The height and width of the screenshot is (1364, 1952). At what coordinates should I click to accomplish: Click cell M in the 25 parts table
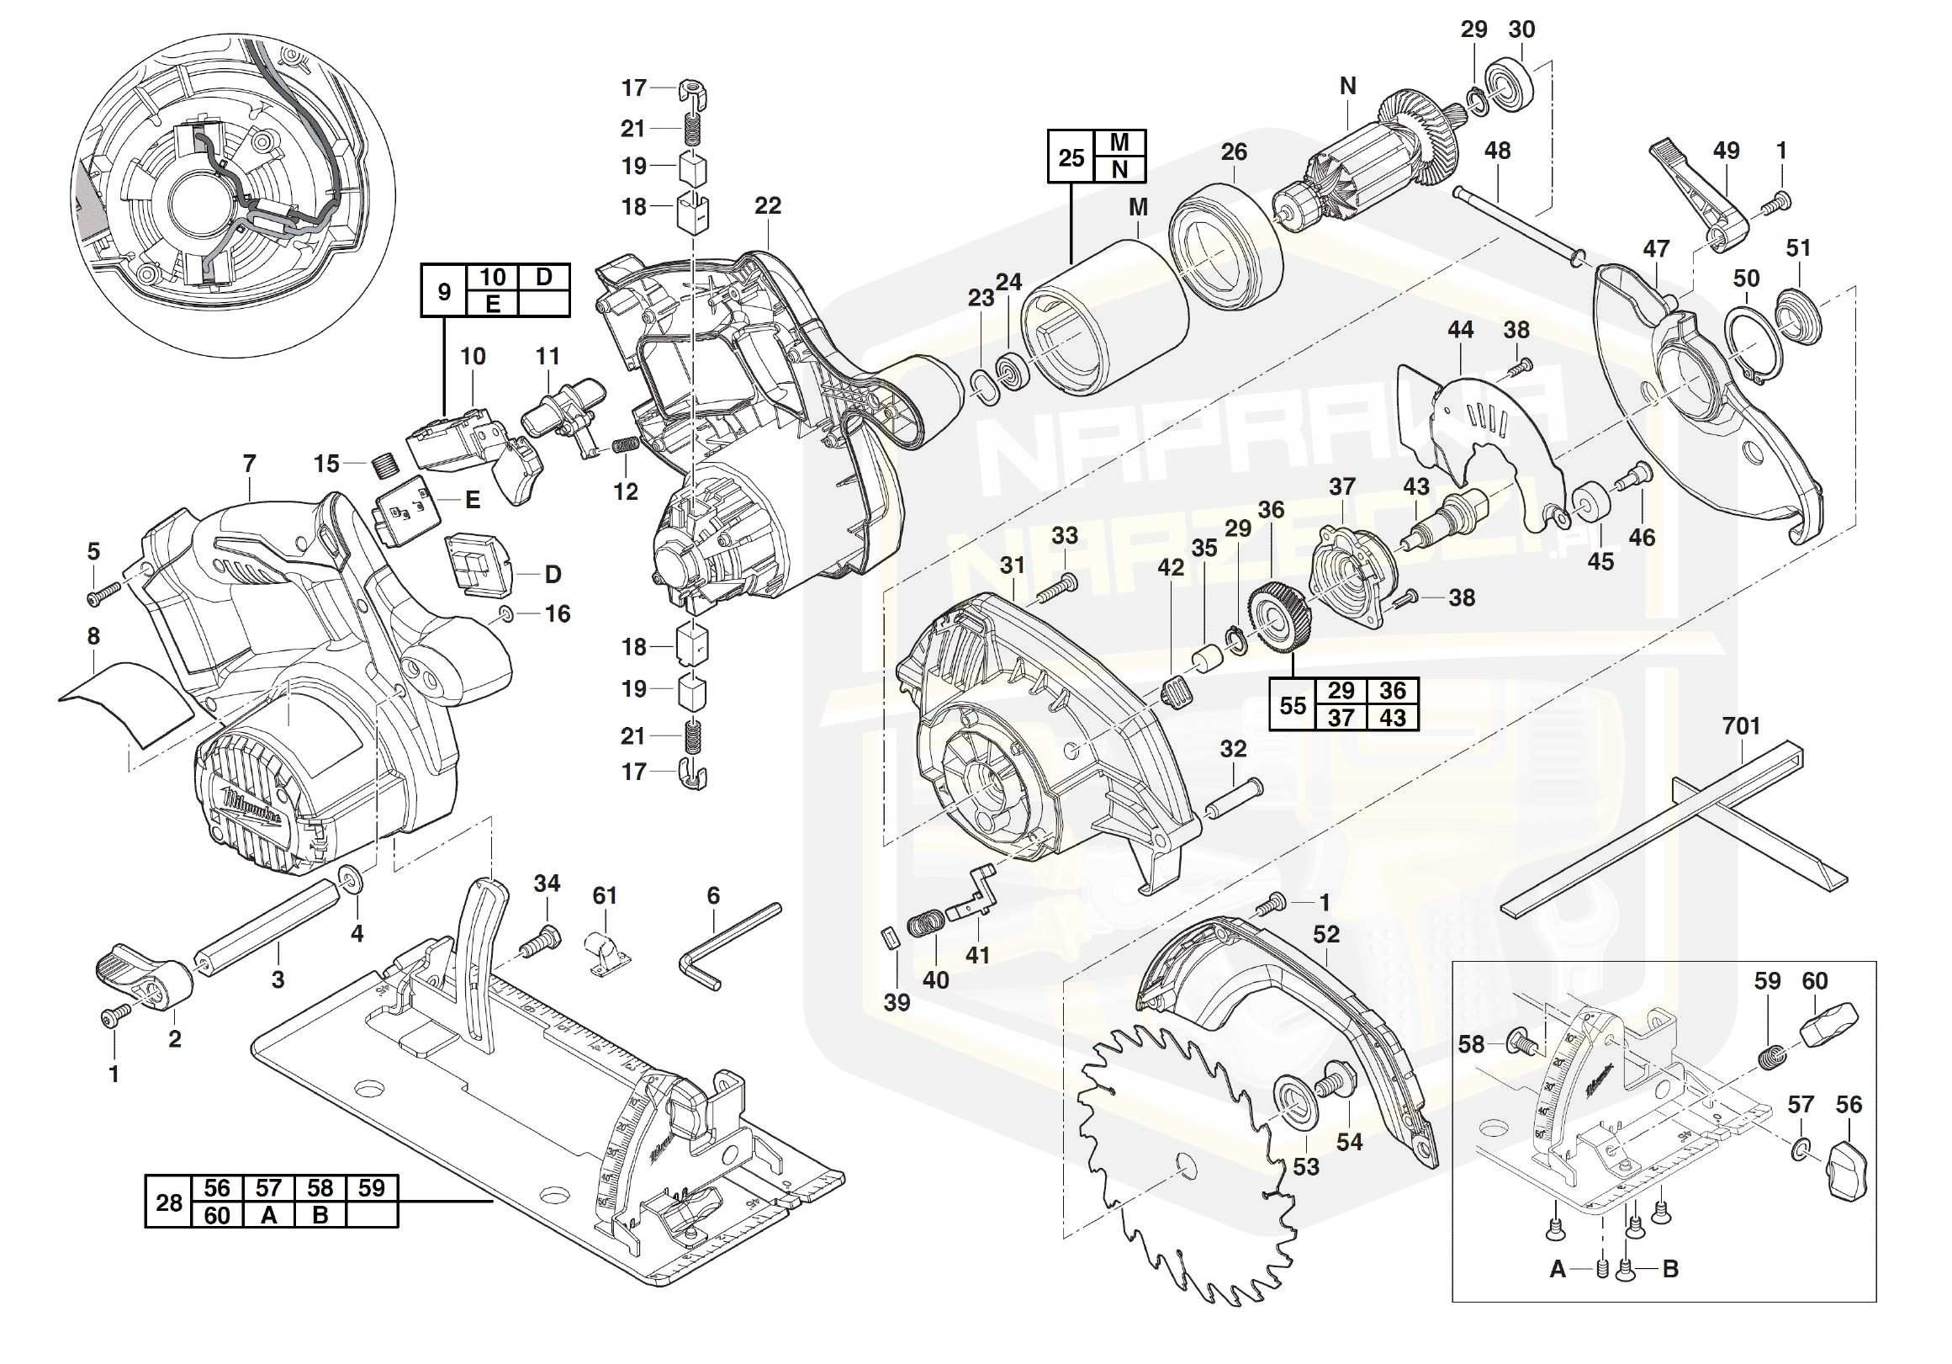(x=1119, y=142)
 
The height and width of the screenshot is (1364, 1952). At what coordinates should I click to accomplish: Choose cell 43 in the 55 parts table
(x=1392, y=718)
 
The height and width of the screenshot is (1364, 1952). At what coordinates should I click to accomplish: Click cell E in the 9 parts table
(x=492, y=304)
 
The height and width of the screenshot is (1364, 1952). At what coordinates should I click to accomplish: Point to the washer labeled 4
(x=349, y=877)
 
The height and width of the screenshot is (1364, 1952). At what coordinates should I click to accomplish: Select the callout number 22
(x=767, y=206)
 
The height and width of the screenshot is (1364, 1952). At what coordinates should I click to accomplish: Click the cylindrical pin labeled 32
(x=1232, y=803)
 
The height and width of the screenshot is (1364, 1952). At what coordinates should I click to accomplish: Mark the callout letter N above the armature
(x=1346, y=86)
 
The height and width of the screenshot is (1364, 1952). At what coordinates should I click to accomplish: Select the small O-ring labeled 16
(x=504, y=614)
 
